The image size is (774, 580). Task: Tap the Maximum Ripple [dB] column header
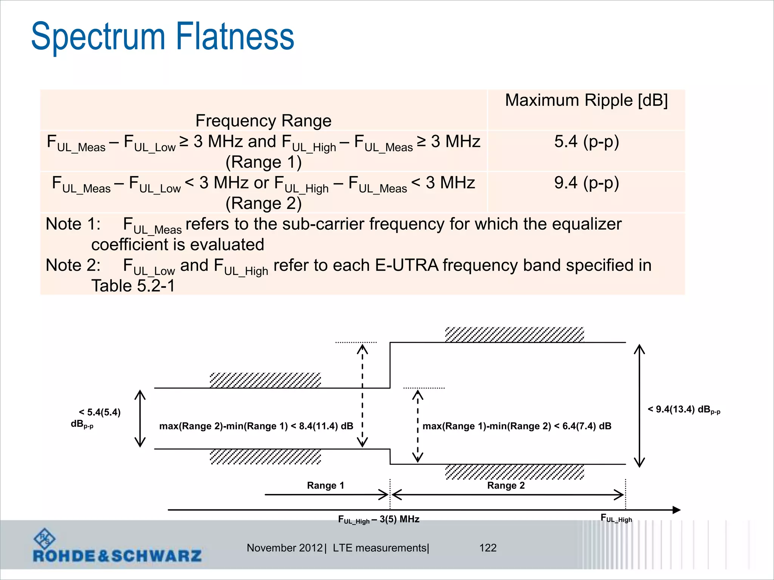tap(586, 100)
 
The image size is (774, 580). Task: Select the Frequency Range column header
tap(263, 121)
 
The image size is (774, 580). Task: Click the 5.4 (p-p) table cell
tap(586, 142)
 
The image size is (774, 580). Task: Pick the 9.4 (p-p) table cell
tap(586, 183)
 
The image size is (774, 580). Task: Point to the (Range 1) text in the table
tap(263, 162)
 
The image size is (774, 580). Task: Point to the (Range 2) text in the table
tap(263, 204)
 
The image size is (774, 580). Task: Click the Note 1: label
tap(73, 224)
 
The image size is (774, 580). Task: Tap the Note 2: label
tap(73, 265)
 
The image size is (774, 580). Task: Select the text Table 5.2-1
tap(133, 286)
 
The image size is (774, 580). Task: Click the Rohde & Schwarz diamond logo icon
tap(44, 539)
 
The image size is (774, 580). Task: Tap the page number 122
tap(488, 548)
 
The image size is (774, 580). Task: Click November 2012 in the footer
tap(285, 548)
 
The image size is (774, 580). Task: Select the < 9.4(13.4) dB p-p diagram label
tap(684, 410)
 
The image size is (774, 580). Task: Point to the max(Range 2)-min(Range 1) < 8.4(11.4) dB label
tap(256, 426)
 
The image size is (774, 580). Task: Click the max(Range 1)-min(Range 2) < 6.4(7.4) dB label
tap(517, 426)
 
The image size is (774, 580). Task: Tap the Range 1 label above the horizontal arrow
tap(325, 486)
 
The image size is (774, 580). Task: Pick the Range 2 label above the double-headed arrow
tap(506, 486)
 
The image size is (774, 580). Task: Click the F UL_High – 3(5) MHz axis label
tap(379, 520)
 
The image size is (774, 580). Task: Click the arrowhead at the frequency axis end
tap(676, 510)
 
